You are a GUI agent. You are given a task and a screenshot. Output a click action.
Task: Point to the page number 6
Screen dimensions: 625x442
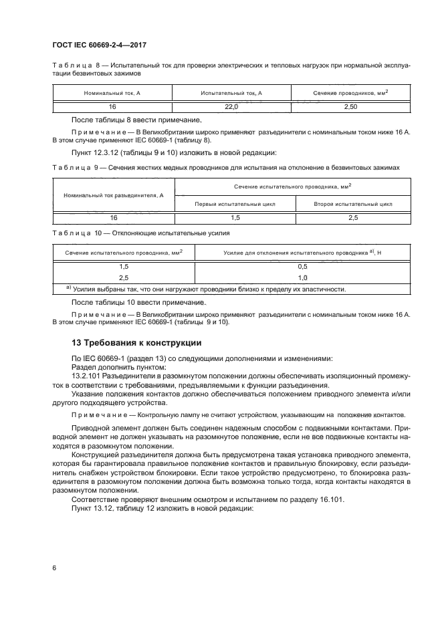click(x=53, y=568)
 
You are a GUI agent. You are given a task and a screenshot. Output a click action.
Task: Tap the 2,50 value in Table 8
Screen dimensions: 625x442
click(x=350, y=106)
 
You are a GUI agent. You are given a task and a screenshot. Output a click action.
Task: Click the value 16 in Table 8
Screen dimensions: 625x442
click(x=113, y=106)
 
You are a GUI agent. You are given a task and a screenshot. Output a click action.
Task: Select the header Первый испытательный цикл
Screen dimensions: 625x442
click(x=234, y=204)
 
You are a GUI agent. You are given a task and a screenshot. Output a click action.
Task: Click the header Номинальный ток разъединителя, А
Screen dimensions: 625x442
click(x=113, y=195)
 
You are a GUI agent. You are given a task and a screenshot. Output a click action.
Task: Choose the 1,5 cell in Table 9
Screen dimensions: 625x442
click(x=235, y=217)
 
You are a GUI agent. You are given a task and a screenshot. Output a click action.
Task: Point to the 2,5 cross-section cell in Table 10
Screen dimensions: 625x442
click(x=123, y=277)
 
